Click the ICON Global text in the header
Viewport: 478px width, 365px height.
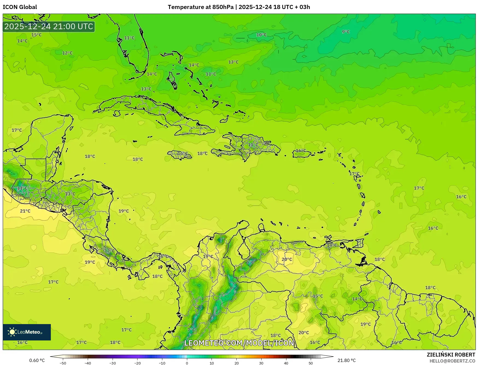click(20, 7)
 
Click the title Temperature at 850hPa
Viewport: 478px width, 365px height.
click(201, 7)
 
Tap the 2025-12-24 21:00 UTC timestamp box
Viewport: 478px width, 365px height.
click(49, 26)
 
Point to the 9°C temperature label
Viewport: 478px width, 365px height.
click(346, 32)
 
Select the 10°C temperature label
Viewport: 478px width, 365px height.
click(261, 35)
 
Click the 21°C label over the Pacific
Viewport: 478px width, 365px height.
click(25, 211)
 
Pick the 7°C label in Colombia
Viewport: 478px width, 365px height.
click(191, 330)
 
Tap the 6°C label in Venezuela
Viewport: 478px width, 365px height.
click(250, 262)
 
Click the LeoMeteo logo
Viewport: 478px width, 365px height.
click(27, 332)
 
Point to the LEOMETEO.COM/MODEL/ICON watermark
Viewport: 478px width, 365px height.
click(239, 343)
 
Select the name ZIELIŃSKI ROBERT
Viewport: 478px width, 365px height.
click(451, 355)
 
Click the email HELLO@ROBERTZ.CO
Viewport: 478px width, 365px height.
click(452, 361)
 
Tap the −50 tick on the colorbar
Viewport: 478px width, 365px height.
click(63, 363)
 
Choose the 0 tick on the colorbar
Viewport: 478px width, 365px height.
click(187, 363)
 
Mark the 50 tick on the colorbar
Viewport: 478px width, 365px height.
click(311, 363)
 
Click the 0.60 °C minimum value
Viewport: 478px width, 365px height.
click(37, 360)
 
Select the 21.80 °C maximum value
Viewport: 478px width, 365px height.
click(347, 360)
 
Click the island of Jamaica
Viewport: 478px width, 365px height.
click(179, 155)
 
